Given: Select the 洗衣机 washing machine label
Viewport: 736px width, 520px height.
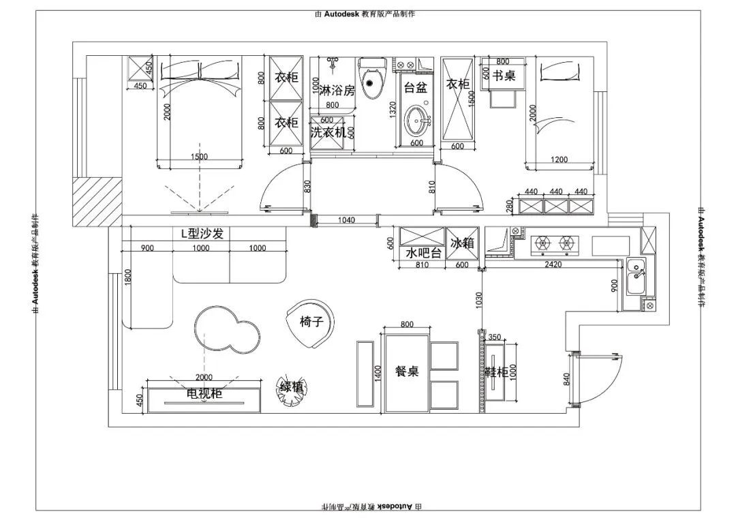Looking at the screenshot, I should tap(328, 133).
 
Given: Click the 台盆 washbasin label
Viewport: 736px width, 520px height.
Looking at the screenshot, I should tap(415, 87).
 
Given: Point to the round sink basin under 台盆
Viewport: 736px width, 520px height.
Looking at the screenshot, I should tap(416, 123).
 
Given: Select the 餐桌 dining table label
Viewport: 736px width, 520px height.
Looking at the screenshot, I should tap(407, 371).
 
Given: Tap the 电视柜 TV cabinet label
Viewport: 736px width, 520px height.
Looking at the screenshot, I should tap(204, 394).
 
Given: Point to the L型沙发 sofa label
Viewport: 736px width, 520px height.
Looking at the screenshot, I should tap(202, 234).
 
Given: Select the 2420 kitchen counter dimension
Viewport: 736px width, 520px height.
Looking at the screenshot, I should tap(553, 264).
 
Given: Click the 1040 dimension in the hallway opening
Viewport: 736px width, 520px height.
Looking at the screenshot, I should tap(346, 219).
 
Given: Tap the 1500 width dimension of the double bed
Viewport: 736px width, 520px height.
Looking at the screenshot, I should tap(200, 157).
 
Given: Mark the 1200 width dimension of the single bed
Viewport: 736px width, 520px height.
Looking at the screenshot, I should tap(559, 159).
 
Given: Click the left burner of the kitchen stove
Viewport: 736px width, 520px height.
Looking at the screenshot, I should tap(542, 242).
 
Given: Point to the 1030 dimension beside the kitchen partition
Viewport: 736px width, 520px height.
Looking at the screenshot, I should tap(479, 299).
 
